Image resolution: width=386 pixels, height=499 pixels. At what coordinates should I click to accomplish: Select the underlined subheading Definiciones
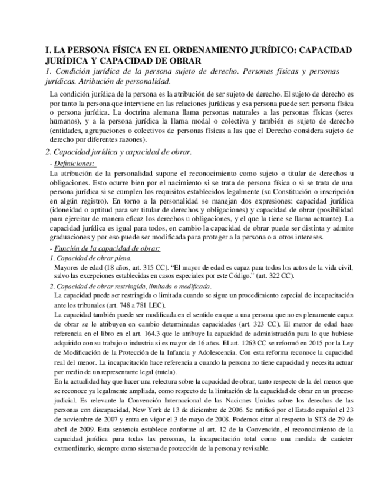(74, 164)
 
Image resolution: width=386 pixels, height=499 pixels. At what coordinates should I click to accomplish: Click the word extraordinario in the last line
(74, 446)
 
